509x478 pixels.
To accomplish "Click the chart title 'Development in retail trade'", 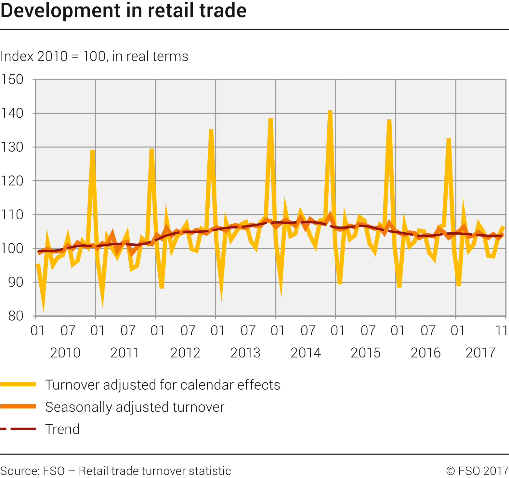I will pos(124,10).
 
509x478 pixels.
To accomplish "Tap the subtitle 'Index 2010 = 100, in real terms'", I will pos(94,56).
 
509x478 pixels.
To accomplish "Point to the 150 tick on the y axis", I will pos(12,79).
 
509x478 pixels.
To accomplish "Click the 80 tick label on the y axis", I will pos(16,316).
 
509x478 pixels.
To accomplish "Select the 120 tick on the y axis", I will pos(12,181).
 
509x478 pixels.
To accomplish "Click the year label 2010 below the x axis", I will pos(65,353).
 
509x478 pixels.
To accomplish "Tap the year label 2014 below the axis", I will pos(306,353).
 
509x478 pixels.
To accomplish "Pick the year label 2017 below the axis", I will pos(480,353).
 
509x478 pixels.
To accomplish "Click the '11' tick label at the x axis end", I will pos(502,330).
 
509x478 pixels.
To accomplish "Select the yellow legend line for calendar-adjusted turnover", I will pos(18,384).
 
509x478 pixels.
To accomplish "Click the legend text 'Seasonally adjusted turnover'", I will pos(135,407).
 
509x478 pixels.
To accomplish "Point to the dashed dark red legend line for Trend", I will pos(18,429).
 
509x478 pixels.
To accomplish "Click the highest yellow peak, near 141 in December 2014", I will pos(330,111).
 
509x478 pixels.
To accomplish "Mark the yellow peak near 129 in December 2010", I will pos(93,151).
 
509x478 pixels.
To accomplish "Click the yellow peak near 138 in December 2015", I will pos(389,121).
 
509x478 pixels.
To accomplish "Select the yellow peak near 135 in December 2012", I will pos(211,130).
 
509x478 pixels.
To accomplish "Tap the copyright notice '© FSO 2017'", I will pos(477,471).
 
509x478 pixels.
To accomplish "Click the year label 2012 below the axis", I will pos(185,353).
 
